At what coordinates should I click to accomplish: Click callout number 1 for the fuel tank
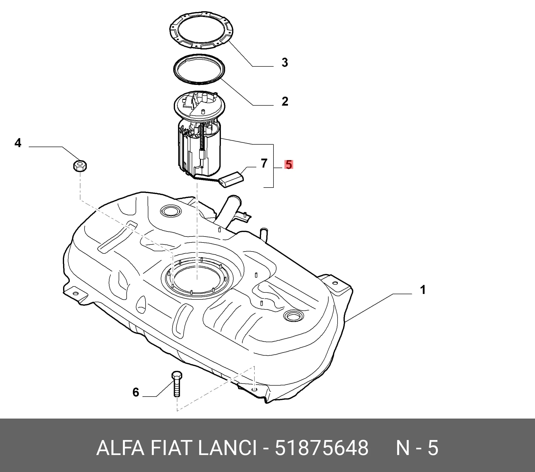click(423, 290)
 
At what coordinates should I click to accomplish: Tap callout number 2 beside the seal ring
click(285, 101)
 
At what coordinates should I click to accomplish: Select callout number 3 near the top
click(285, 63)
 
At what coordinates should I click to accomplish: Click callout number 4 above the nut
click(18, 143)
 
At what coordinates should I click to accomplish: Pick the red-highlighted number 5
click(289, 165)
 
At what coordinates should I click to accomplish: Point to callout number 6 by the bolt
click(136, 392)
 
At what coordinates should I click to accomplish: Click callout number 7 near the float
click(264, 163)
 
